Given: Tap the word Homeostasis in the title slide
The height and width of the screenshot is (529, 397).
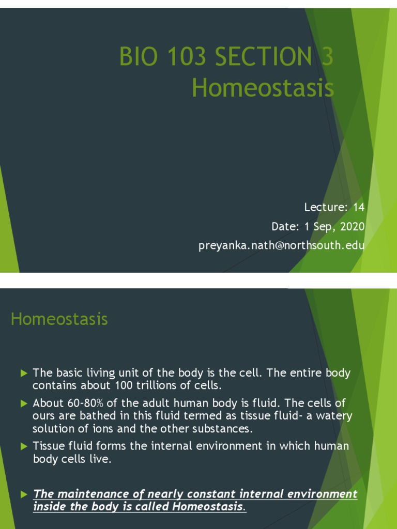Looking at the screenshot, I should click(263, 88).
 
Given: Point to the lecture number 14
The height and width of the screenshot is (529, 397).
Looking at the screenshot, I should click(359, 208).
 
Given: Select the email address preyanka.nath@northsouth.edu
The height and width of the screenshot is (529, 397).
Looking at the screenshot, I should click(281, 246).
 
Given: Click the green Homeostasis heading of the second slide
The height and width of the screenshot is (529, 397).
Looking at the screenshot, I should click(59, 319).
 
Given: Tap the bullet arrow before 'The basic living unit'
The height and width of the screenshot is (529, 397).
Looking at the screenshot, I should click(23, 373).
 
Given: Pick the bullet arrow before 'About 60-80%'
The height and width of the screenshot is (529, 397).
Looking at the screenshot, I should click(23, 403).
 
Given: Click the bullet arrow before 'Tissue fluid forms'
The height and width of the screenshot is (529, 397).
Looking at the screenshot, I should click(23, 446).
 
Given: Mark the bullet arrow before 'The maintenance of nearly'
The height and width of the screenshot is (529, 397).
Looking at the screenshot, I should click(23, 494).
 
